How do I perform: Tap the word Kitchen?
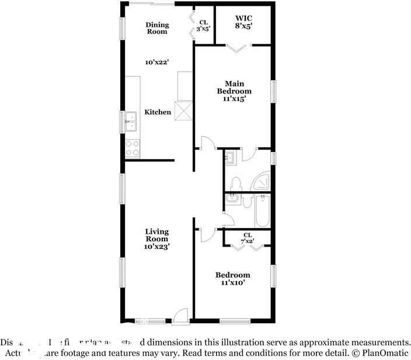pyautogui.click(x=158, y=112)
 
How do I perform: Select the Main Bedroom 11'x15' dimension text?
pyautogui.click(x=234, y=99)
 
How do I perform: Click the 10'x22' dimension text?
pyautogui.click(x=157, y=61)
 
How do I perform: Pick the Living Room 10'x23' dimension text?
pyautogui.click(x=156, y=247)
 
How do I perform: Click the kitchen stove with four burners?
pyautogui.click(x=133, y=148)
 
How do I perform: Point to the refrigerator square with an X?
pyautogui.click(x=185, y=111)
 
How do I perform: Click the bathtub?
pyautogui.click(x=262, y=212)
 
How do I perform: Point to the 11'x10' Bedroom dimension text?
pyautogui.click(x=233, y=283)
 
